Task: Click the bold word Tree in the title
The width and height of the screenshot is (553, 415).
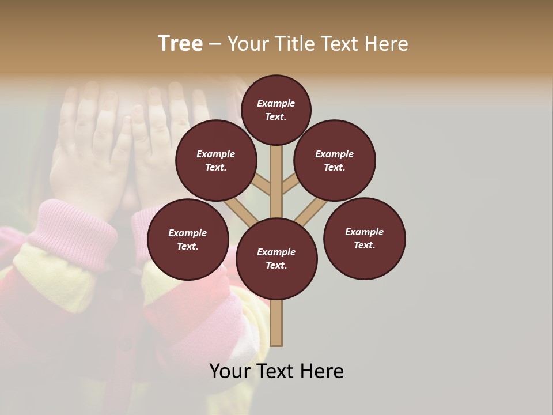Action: tap(180, 43)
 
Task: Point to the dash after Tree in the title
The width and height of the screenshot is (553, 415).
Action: tap(215, 44)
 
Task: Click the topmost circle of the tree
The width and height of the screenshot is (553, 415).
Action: tap(276, 110)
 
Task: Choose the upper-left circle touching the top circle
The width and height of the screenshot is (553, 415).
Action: tap(216, 160)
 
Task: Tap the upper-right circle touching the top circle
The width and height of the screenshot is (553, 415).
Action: tap(335, 160)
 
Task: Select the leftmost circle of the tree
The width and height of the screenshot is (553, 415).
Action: tap(188, 239)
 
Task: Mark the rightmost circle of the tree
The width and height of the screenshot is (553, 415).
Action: tap(365, 238)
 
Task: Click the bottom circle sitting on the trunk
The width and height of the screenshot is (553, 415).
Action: tap(276, 259)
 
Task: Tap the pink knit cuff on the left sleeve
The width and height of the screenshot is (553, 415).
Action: tap(72, 228)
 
